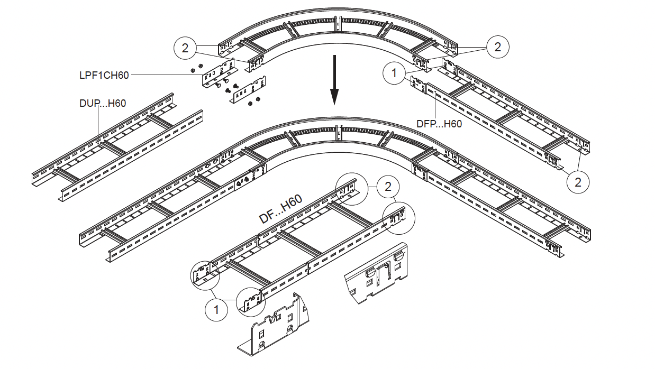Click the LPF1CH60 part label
tap(104, 75)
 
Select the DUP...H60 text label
tap(102, 103)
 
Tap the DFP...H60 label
tap(439, 124)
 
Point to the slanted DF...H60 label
tap(280, 209)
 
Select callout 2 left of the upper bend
tap(185, 48)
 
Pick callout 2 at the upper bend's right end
tap(497, 47)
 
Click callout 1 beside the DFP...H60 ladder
tap(394, 73)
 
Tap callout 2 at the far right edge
tap(578, 182)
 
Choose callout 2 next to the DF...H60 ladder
tap(388, 187)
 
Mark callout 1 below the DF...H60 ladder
tap(216, 309)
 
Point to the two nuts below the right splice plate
tap(254, 102)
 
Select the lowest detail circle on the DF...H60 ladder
tap(250, 302)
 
